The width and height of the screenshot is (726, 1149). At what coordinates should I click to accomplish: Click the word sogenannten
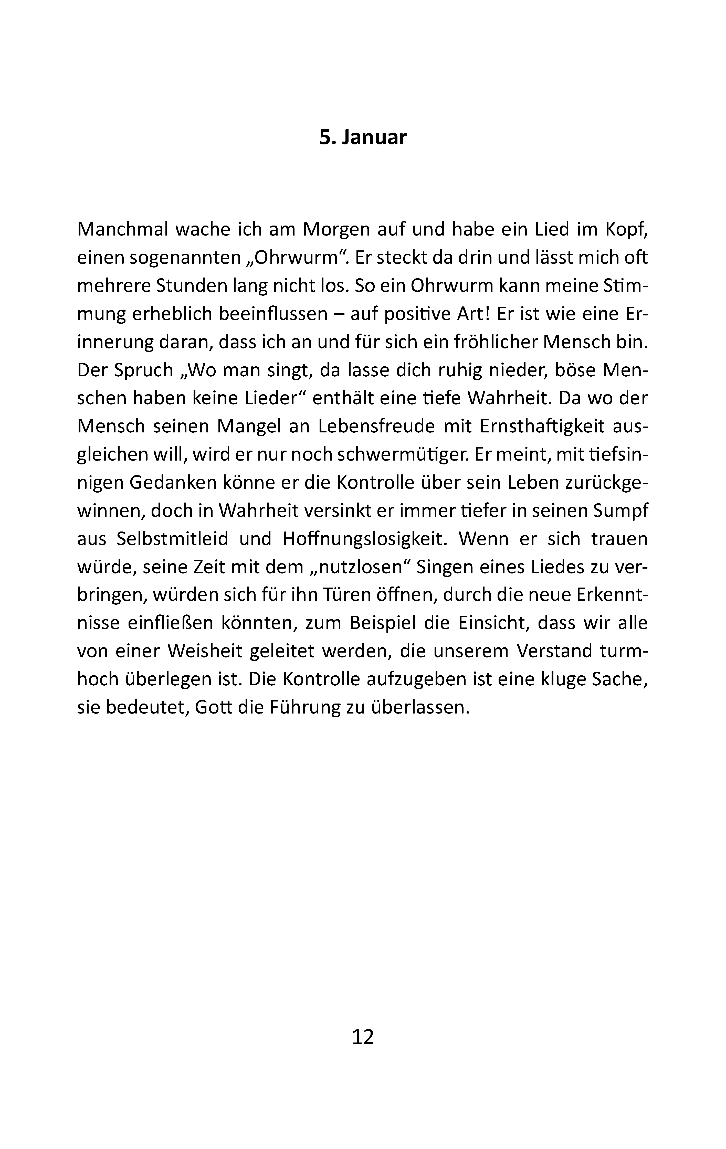(186, 258)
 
